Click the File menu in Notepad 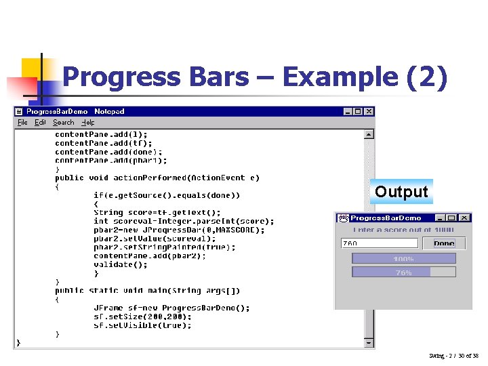tap(22, 123)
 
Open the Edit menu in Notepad tap(41, 123)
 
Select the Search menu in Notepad tap(64, 123)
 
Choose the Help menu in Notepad tap(88, 123)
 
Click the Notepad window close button tap(369, 112)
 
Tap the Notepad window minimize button tap(348, 112)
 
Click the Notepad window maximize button tap(358, 112)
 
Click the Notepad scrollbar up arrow tap(369, 134)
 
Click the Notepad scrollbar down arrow tap(369, 342)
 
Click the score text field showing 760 tap(380, 243)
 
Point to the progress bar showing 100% tap(403, 258)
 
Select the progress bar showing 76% tap(403, 272)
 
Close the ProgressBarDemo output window tap(464, 218)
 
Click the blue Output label tap(401, 192)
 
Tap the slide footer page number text tap(453, 356)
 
